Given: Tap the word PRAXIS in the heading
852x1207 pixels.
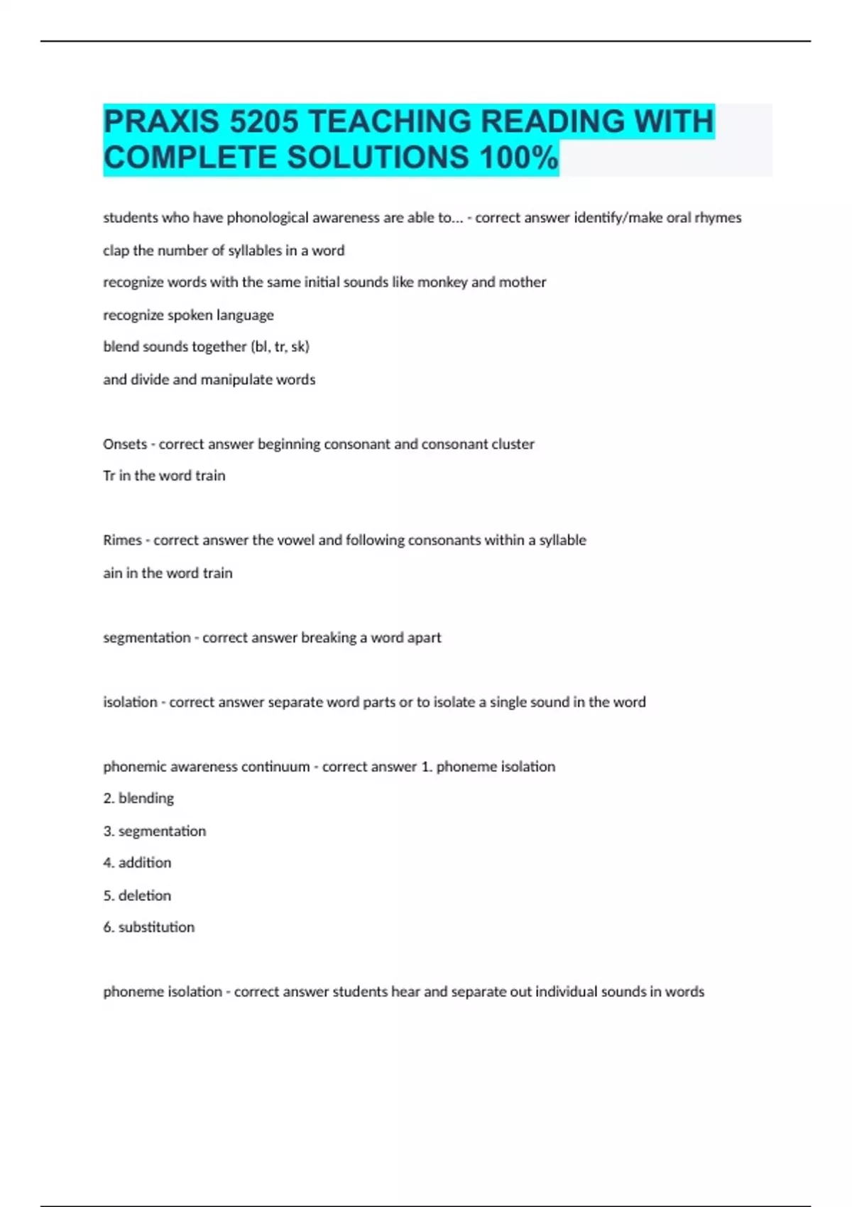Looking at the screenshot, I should click(x=162, y=121).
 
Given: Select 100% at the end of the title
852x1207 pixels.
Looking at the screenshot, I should click(x=519, y=158).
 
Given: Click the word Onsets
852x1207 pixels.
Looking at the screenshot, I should click(x=125, y=444).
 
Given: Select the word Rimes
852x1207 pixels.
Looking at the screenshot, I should click(x=122, y=540).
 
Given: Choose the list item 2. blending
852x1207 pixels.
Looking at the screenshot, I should click(x=138, y=798).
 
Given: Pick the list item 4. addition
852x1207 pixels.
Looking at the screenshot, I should click(x=137, y=863).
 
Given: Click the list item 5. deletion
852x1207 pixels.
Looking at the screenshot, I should click(x=137, y=895).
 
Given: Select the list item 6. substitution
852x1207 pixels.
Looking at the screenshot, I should click(x=148, y=927).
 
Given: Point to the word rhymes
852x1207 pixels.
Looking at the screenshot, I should click(x=718, y=218).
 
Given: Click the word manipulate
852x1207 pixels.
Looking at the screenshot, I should click(x=236, y=380).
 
